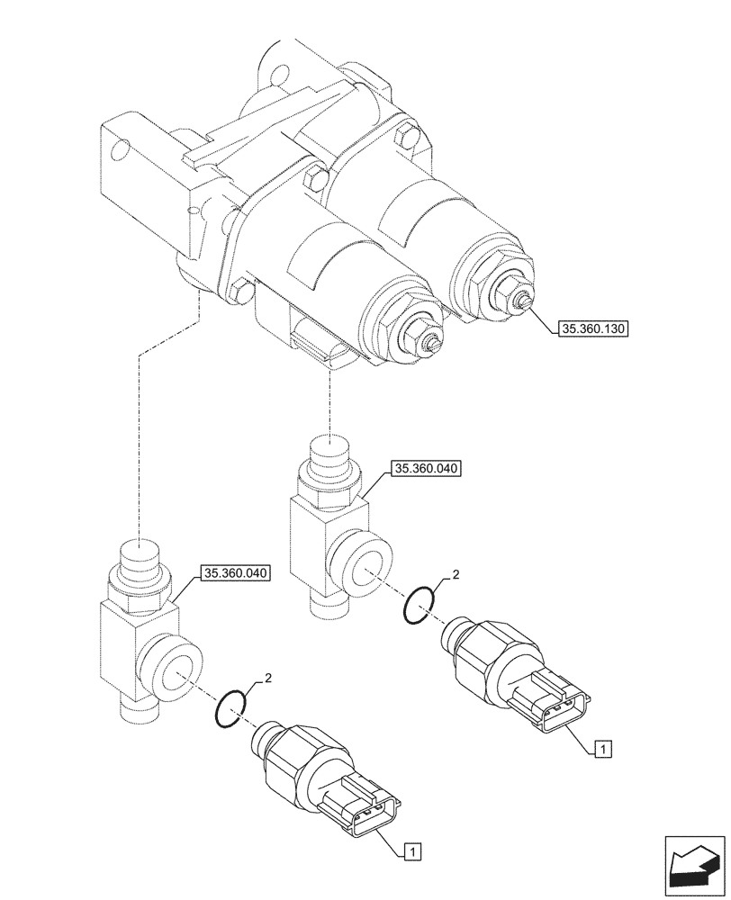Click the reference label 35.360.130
[x=592, y=328]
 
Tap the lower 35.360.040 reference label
[x=237, y=571]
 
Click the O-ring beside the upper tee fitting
[x=419, y=603]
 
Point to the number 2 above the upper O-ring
[x=456, y=573]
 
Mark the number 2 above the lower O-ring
[x=266, y=677]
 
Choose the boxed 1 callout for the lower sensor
[x=411, y=849]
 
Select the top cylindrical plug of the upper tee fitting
[x=329, y=452]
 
